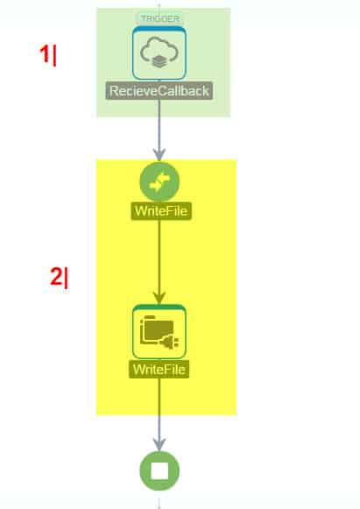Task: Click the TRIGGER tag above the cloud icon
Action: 159,18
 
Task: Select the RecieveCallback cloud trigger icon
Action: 159,53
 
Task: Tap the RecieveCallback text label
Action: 159,91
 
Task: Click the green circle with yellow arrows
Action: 159,181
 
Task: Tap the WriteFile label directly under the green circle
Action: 159,210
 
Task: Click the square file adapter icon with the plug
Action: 159,331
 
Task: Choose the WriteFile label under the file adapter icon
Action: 159,369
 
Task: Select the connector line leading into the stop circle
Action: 159,412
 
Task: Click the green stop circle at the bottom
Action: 159,470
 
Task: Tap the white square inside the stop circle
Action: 159,470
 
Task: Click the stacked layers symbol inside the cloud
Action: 159,60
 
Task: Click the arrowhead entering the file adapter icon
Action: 159,299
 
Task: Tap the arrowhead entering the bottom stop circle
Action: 159,446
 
